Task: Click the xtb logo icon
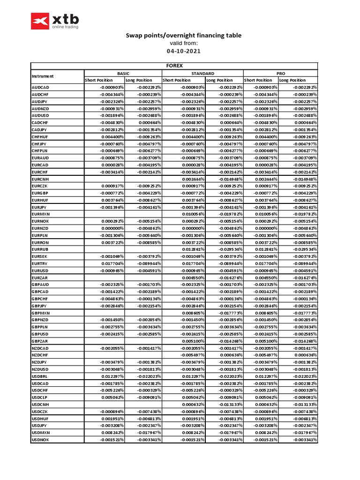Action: pos(40,21)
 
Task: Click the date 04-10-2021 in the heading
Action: pos(183,51)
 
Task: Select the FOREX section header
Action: pos(174,66)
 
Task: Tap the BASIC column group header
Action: pos(123,74)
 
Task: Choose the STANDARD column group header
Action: pos(202,74)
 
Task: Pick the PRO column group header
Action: pos(281,74)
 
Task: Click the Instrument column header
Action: pos(43,76)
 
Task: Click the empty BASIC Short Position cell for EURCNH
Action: pos(104,179)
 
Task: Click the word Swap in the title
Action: pos(133,36)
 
